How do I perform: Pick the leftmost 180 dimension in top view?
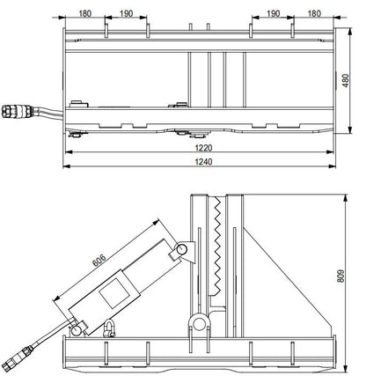click(x=84, y=13)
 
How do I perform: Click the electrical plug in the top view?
click(x=18, y=112)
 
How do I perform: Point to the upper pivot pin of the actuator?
click(x=181, y=252)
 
